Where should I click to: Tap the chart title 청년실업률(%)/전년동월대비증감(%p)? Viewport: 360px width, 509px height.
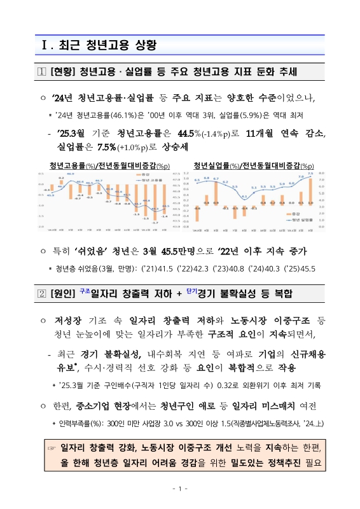(x=253, y=165)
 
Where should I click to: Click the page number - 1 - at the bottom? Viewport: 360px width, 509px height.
(x=179, y=489)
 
